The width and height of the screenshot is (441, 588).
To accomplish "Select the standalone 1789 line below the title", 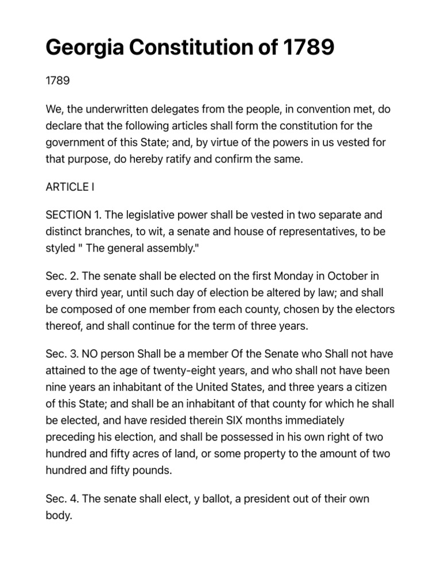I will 57,80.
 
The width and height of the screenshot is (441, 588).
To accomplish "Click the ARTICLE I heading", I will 69,187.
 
